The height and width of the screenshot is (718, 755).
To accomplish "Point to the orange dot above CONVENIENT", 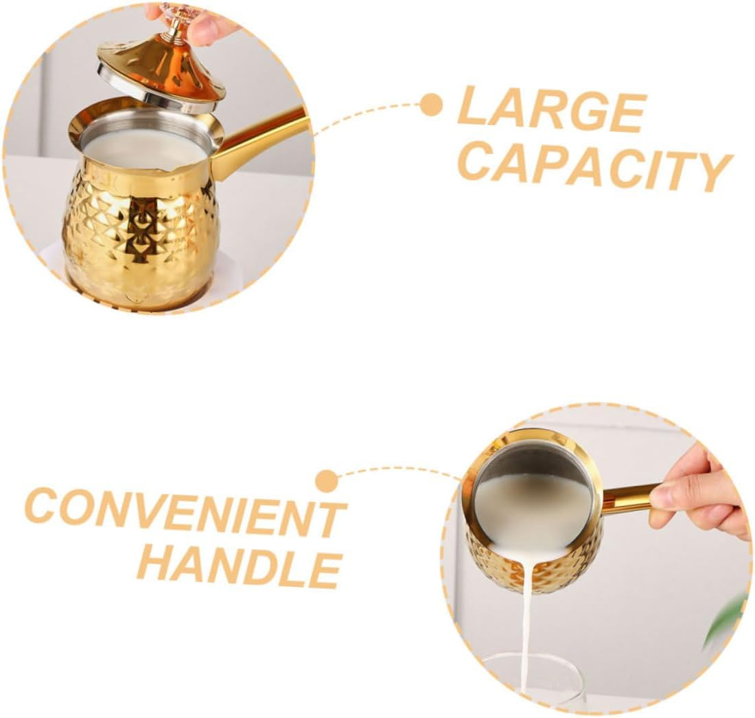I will (x=327, y=480).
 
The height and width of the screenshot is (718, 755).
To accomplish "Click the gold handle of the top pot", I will (x=261, y=141).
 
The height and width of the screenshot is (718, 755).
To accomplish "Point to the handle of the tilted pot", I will (x=628, y=498).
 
